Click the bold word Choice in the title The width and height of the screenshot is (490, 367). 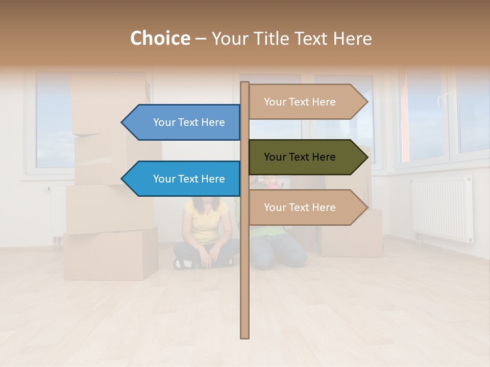tap(160, 38)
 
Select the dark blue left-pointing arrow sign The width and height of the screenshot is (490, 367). tap(184, 122)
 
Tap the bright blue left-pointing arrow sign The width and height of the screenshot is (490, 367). tap(184, 179)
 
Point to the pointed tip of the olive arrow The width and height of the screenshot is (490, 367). tap(366, 157)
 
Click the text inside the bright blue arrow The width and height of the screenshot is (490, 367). tap(189, 179)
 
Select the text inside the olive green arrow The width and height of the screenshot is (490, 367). tap(300, 157)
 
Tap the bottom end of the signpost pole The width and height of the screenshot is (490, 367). tap(244, 336)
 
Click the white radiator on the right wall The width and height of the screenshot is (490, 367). tap(442, 209)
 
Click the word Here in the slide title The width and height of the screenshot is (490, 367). tap(352, 38)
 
